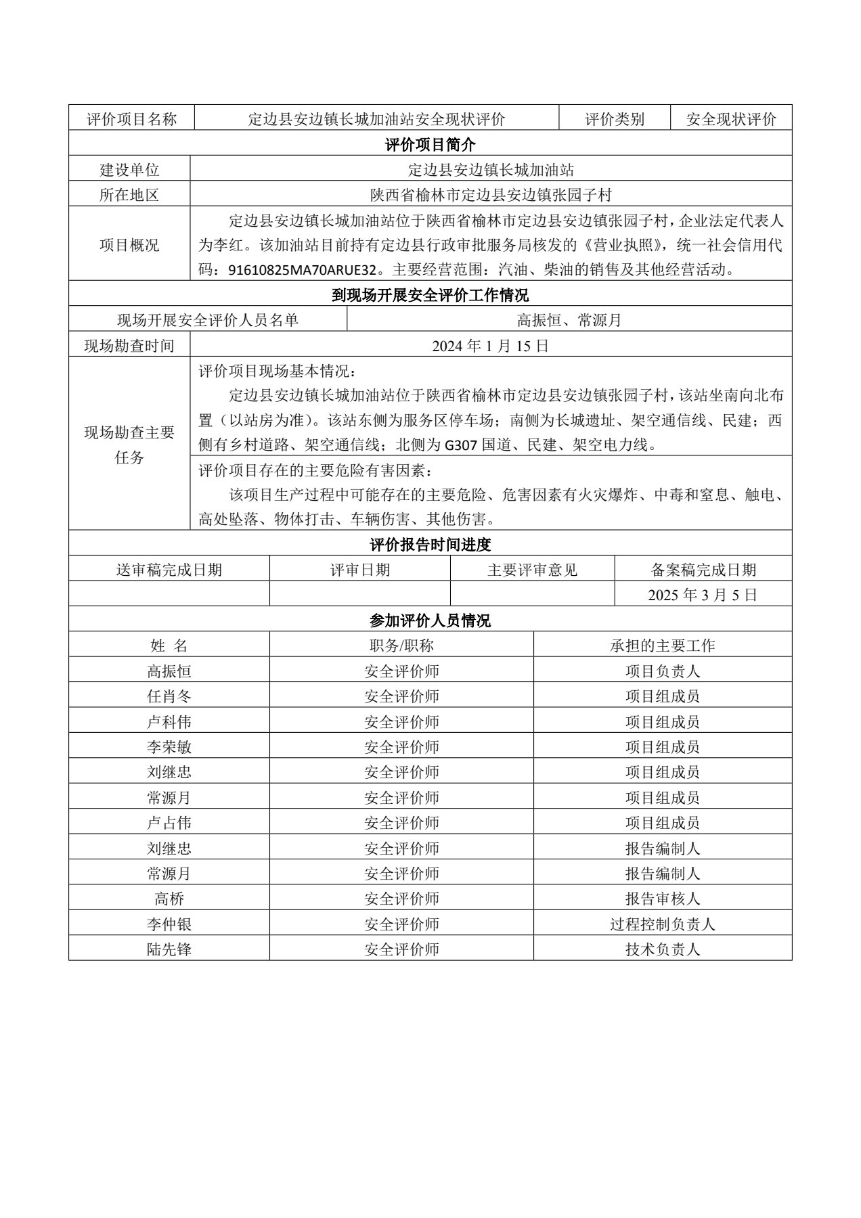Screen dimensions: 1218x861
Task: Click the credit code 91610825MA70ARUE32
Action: click(301, 270)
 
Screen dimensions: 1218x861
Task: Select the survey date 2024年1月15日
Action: click(491, 346)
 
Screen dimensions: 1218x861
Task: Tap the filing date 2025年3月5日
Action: click(702, 595)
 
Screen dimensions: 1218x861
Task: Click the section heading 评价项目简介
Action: click(430, 144)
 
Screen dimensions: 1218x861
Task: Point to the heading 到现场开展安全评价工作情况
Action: click(430, 295)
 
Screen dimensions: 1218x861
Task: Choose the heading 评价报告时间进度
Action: click(430, 544)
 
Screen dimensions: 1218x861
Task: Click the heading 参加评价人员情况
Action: click(430, 620)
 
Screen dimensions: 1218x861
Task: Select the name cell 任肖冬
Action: click(169, 696)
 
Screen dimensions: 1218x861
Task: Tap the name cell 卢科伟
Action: click(169, 721)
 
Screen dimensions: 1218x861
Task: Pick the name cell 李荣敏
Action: click(169, 747)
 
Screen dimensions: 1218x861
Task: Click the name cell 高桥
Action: click(169, 899)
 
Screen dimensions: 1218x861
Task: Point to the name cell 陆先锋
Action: click(169, 949)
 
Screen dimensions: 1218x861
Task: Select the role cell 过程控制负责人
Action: click(662, 924)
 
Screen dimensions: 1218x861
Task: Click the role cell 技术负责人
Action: click(662, 949)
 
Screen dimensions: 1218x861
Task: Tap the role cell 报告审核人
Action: click(662, 899)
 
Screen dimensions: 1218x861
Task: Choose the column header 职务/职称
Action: click(401, 646)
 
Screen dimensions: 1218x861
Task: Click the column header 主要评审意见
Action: click(532, 570)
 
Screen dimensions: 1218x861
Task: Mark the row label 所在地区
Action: click(129, 195)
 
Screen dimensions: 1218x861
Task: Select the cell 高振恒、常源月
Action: click(569, 320)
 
